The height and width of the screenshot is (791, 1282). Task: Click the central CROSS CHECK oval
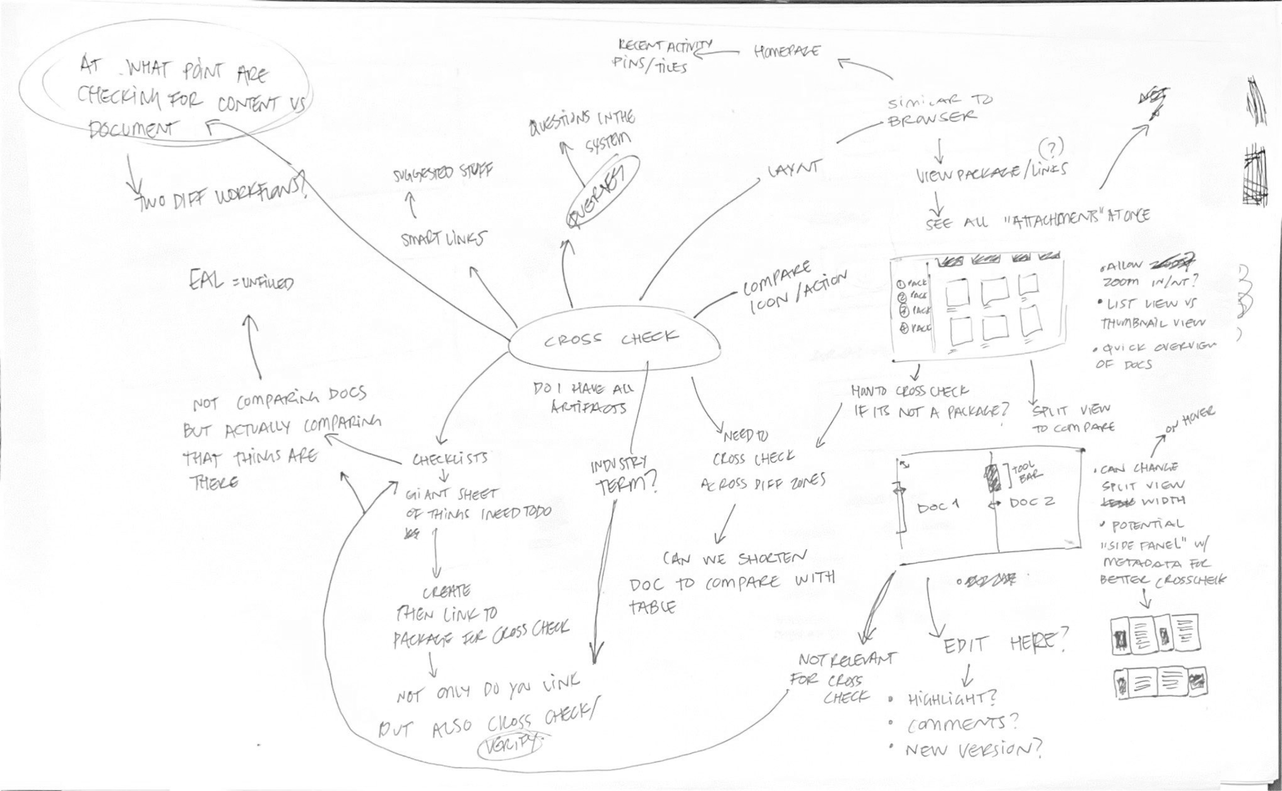click(612, 340)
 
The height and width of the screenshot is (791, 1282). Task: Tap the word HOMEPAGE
click(787, 51)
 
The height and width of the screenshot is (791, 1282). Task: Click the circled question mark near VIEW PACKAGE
click(1051, 150)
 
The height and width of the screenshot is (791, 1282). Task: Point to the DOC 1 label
click(938, 506)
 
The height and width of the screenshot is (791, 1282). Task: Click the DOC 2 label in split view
click(1032, 502)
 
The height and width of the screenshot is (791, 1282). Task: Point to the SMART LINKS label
click(443, 240)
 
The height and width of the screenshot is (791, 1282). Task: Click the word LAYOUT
click(794, 170)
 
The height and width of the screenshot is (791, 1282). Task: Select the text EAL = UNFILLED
click(241, 283)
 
